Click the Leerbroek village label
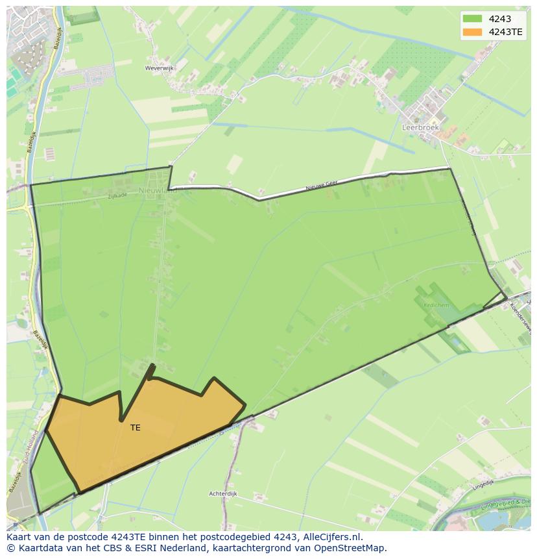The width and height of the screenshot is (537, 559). pos(420,128)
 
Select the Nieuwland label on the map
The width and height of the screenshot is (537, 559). pos(157,190)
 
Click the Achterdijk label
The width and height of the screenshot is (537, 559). pos(223,493)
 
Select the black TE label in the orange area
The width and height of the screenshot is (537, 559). pos(135,428)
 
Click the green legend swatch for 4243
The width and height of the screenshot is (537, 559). pos(473,19)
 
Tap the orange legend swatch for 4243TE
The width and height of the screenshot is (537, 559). pos(473,32)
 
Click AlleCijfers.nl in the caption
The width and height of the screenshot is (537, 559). pos(333,537)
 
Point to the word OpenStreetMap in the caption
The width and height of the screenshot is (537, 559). pos(352,548)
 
